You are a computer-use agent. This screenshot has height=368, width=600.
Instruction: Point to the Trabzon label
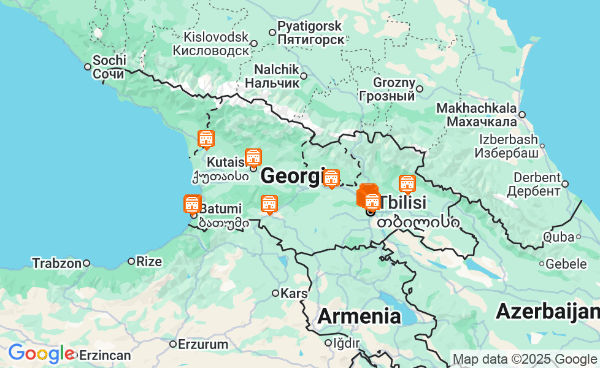tap(56, 263)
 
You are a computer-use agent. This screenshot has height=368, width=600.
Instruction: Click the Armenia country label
tap(359, 316)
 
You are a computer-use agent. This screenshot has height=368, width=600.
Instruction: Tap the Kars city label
tap(293, 293)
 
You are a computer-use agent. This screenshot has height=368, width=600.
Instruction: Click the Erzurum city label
tap(203, 344)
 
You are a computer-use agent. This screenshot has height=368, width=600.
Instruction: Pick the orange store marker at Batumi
tap(193, 204)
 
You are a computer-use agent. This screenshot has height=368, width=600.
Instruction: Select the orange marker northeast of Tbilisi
tap(407, 183)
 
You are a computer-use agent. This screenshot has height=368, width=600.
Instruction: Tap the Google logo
tap(40, 354)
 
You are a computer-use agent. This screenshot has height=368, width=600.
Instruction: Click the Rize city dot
tap(131, 261)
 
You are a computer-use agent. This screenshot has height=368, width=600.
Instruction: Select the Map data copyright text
tap(524, 359)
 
